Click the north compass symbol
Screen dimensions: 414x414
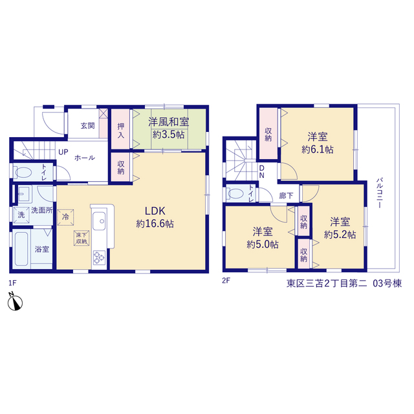coord(15,301)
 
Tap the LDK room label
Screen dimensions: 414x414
coord(155,211)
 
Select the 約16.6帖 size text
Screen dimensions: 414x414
coord(155,224)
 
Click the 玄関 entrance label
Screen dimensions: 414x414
coord(88,125)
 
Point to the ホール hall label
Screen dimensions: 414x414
coord(85,158)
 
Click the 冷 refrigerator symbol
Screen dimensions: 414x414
coord(65,217)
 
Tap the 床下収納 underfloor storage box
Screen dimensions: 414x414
coord(82,238)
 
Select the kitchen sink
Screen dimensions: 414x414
coord(99,221)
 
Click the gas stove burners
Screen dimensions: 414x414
coord(99,257)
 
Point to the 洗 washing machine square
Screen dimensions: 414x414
coord(21,215)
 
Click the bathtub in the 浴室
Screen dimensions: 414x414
coord(21,249)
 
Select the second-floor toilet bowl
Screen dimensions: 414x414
coord(235,193)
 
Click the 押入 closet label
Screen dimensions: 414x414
coord(121,131)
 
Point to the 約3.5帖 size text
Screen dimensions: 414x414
coord(169,135)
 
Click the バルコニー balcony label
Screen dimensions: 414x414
coord(380,193)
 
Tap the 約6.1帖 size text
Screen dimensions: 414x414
coord(318,149)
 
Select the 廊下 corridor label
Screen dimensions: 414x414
coord(286,195)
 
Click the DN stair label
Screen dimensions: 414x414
coord(261,171)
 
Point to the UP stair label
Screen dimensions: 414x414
coord(63,152)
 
